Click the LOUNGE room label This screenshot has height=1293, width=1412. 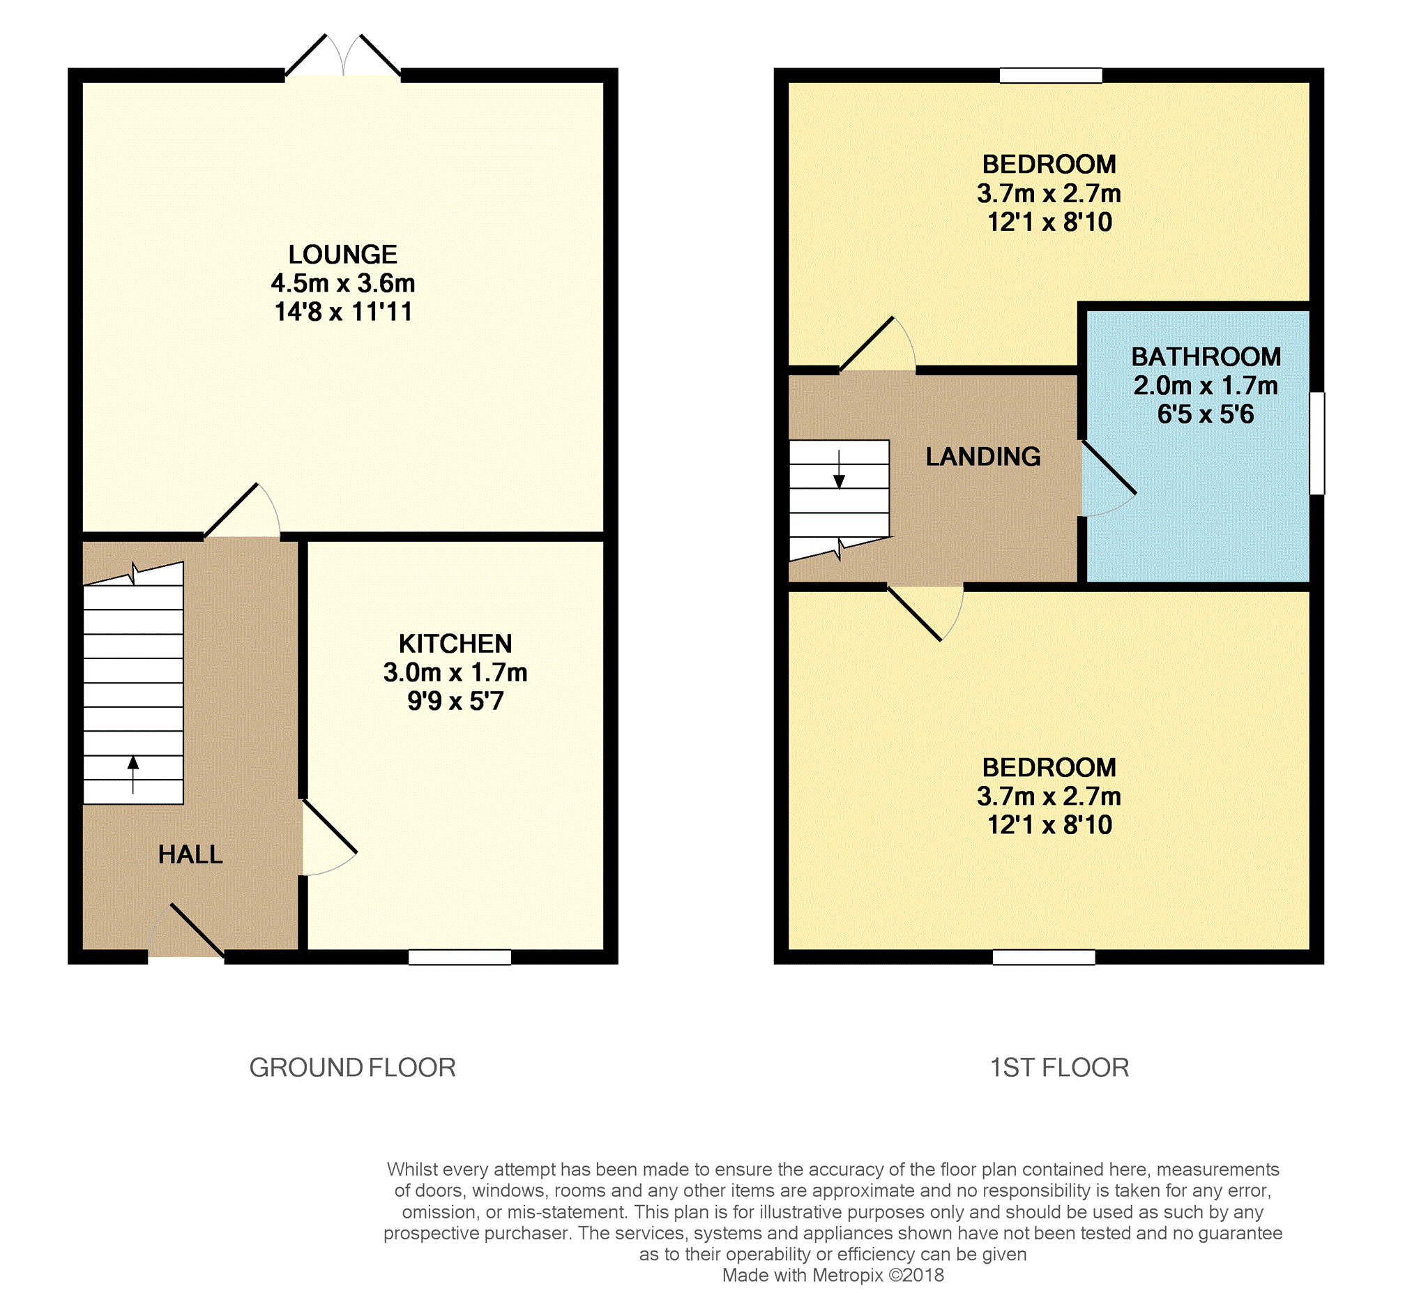(x=342, y=255)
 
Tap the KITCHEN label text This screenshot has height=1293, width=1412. (x=455, y=644)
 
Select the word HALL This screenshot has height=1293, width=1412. (x=190, y=854)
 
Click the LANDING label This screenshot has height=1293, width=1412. (x=982, y=457)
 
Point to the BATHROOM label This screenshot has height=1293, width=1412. (x=1206, y=357)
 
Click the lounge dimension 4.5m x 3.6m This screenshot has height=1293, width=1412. (x=342, y=283)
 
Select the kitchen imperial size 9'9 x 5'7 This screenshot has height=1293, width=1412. (x=455, y=701)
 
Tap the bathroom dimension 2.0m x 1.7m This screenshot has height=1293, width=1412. (x=1206, y=386)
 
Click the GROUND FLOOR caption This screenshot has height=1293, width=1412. (x=352, y=1068)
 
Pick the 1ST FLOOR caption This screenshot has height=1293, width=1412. (x=1059, y=1068)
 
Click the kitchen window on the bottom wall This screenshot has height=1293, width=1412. (x=460, y=957)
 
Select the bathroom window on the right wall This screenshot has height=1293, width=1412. (x=1316, y=444)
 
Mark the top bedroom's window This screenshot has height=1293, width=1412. (x=1050, y=75)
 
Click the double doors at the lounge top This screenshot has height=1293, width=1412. (x=342, y=59)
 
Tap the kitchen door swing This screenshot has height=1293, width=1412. (x=328, y=840)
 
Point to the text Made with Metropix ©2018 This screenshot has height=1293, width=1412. (x=833, y=1275)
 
